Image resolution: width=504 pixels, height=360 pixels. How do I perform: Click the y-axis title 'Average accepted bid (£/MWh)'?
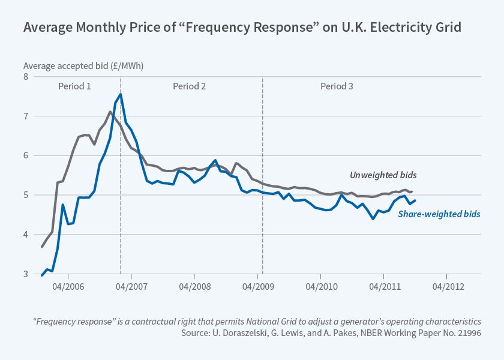point(83,65)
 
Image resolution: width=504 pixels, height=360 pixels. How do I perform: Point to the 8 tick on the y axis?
point(26,77)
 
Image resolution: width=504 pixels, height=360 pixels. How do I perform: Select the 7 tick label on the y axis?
point(26,116)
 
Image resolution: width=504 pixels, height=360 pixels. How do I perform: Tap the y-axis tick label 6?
point(26,155)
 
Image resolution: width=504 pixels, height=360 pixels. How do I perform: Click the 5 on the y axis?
point(26,195)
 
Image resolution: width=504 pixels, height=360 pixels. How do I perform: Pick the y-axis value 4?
point(26,235)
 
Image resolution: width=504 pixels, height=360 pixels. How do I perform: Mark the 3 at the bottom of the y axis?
point(26,274)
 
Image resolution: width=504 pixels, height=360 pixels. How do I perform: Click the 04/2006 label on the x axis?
point(67,285)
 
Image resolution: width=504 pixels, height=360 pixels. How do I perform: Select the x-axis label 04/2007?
point(130,285)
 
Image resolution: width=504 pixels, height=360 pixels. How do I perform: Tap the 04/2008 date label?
point(194,285)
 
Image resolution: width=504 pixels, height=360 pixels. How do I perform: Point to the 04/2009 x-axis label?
point(257,285)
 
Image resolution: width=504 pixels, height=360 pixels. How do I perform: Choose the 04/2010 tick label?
point(320,285)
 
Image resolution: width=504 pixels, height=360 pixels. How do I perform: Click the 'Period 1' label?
point(74,86)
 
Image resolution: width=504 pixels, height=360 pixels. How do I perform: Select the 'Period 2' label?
point(190,86)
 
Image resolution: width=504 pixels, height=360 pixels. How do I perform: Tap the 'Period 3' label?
point(337,86)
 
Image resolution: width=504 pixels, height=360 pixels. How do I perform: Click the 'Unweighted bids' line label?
point(383,175)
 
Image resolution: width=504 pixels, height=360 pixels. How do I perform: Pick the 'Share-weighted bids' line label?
point(439,214)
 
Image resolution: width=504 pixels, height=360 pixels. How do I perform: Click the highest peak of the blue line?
point(121,94)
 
